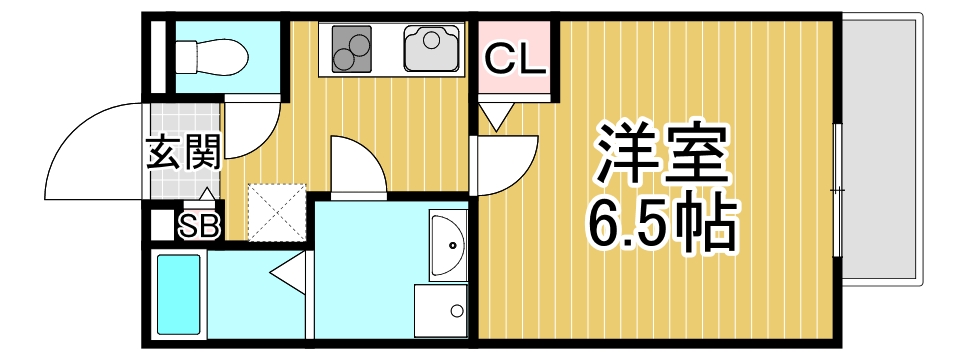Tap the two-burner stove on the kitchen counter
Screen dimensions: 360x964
coord(350,47)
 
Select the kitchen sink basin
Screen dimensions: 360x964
coord(430,46)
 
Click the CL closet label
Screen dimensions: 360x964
coord(515,61)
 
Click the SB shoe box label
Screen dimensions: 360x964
coord(199,227)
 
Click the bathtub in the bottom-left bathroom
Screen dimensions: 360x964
coord(180,295)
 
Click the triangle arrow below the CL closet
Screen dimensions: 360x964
coord(496,119)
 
